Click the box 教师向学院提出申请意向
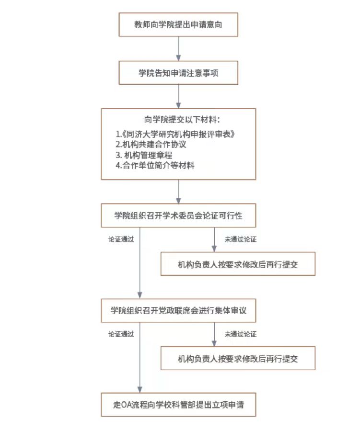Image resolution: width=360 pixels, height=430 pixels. (x=178, y=24)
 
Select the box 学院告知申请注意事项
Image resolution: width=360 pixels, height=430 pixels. (x=178, y=73)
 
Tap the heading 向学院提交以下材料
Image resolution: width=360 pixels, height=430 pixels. (x=178, y=119)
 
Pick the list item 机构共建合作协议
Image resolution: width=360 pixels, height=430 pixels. (x=151, y=144)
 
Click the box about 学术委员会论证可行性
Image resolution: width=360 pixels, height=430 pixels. (x=178, y=215)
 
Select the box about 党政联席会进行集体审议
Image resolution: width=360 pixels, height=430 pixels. (x=178, y=310)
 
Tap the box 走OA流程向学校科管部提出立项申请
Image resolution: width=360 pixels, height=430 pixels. (x=178, y=405)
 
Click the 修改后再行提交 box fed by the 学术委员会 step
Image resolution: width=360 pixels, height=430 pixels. (x=238, y=264)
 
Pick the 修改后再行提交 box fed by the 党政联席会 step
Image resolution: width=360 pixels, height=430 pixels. (x=238, y=358)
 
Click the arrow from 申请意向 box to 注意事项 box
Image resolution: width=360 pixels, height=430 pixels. (x=178, y=48)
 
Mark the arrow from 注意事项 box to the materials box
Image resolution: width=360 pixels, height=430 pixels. (x=178, y=96)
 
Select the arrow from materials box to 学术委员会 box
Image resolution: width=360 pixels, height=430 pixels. (x=178, y=192)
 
